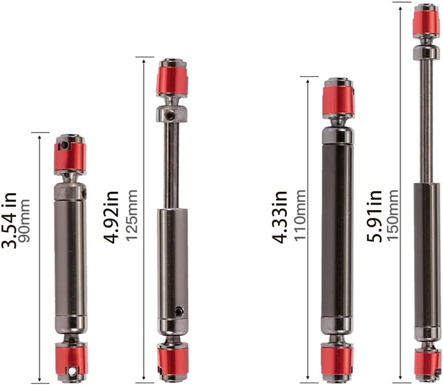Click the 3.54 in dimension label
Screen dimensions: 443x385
pos(9,220)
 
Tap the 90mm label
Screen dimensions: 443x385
pos(24,220)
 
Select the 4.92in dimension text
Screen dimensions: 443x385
pos(111,217)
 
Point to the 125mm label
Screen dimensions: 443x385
pos(132,215)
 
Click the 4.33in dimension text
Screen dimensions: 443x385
pos(280,217)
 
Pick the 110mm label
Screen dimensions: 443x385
pos(300,215)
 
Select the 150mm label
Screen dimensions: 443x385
pos(392,215)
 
